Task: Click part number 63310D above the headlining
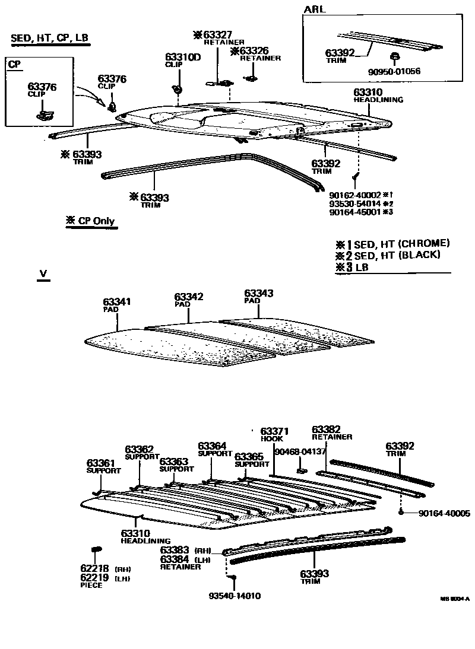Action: click(x=183, y=57)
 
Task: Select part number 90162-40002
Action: click(x=354, y=195)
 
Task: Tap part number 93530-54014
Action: click(x=354, y=203)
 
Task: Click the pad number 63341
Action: click(x=116, y=302)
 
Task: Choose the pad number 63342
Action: click(x=189, y=296)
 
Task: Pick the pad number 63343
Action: click(x=259, y=293)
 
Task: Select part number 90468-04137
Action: click(x=300, y=451)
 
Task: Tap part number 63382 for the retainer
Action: click(x=326, y=429)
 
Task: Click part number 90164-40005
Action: click(x=444, y=514)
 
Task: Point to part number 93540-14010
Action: click(x=235, y=596)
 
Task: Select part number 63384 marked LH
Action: click(x=175, y=559)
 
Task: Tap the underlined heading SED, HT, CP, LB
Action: click(x=50, y=39)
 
